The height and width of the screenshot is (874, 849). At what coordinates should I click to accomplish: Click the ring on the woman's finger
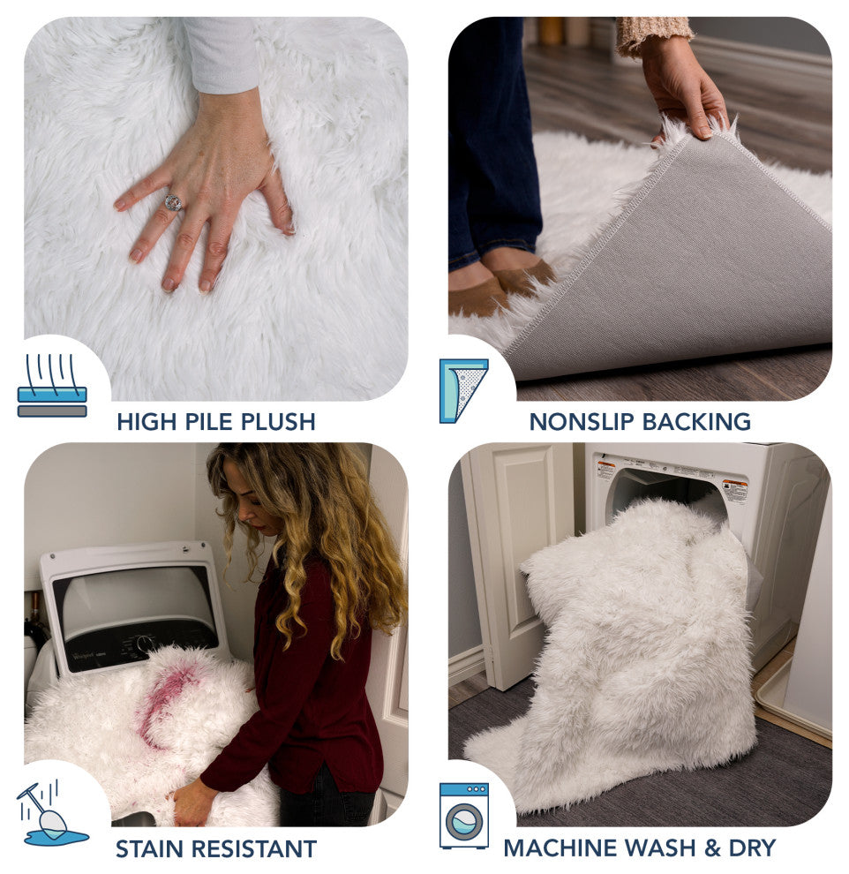tap(173, 202)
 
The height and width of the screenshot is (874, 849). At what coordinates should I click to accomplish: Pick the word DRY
tap(752, 848)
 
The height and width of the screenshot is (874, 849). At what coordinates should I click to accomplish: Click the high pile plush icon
tap(52, 386)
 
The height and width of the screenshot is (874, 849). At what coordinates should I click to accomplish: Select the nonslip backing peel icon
tap(463, 391)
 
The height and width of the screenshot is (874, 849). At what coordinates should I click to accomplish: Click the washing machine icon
tap(463, 816)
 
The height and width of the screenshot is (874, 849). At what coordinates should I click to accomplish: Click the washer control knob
tap(145, 642)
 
